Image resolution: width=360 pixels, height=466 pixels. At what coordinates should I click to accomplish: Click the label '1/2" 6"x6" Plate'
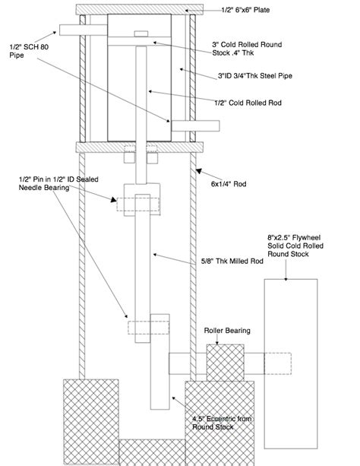pyautogui.click(x=245, y=10)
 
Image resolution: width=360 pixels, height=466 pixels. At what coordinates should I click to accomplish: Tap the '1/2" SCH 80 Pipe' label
pyautogui.click(x=29, y=51)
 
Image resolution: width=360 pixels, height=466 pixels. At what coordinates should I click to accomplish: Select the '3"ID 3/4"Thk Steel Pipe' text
pyautogui.click(x=255, y=76)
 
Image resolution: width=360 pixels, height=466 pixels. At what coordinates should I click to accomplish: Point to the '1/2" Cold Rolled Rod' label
pyautogui.click(x=248, y=103)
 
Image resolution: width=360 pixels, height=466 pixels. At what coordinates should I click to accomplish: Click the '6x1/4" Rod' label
pyautogui.click(x=229, y=184)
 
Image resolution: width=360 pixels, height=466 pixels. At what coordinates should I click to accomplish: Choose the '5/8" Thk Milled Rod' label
pyautogui.click(x=232, y=261)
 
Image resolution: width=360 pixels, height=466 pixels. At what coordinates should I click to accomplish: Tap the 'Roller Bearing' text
pyautogui.click(x=227, y=331)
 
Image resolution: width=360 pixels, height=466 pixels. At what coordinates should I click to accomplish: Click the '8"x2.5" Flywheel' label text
pyautogui.click(x=294, y=237)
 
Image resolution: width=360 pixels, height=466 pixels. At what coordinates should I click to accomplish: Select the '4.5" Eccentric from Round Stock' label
pyautogui.click(x=222, y=423)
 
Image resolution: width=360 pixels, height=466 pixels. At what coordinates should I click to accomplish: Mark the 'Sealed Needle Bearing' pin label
pyautogui.click(x=58, y=183)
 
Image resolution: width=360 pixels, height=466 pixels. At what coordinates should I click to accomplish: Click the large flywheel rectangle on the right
pyautogui.click(x=291, y=363)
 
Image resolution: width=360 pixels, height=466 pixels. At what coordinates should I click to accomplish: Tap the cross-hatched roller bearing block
pyautogui.click(x=225, y=363)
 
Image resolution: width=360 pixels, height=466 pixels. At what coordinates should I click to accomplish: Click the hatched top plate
pyautogui.click(x=140, y=10)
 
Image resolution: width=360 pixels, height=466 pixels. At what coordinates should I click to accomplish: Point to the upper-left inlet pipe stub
pyautogui.click(x=84, y=30)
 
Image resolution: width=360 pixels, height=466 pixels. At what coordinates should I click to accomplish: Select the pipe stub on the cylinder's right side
pyautogui.click(x=195, y=126)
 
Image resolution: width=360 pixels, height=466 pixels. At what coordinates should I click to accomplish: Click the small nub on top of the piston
pyautogui.click(x=141, y=33)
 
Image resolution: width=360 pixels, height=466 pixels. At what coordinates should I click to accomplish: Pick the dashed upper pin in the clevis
pyautogui.click(x=137, y=204)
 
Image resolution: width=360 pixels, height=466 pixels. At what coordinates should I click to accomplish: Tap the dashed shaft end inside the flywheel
pyautogui.click(x=277, y=363)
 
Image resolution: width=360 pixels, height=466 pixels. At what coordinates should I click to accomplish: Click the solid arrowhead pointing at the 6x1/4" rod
pyautogui.click(x=199, y=171)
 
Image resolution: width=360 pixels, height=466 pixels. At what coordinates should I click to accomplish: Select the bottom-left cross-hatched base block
pyautogui.click(x=91, y=423)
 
